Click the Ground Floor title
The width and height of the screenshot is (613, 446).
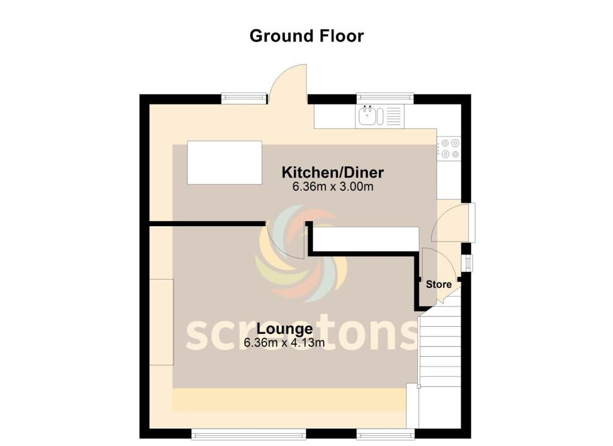tap(306, 36)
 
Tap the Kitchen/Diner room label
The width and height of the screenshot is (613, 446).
tap(333, 172)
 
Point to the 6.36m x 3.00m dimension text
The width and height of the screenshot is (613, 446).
tap(333, 186)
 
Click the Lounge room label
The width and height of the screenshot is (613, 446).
tap(284, 329)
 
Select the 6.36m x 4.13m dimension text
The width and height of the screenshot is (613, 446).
tap(284, 343)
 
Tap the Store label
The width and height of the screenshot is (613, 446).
tap(439, 284)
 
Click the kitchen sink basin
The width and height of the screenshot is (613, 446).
tap(368, 116)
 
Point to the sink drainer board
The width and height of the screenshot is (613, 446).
tap(394, 117)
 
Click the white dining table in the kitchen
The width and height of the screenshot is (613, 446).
tap(224, 163)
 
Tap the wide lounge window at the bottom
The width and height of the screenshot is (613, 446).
tap(248, 433)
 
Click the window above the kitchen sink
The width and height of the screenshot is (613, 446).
tap(385, 99)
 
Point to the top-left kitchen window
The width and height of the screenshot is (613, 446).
tap(244, 99)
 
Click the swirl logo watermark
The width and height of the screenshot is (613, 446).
tap(296, 254)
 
